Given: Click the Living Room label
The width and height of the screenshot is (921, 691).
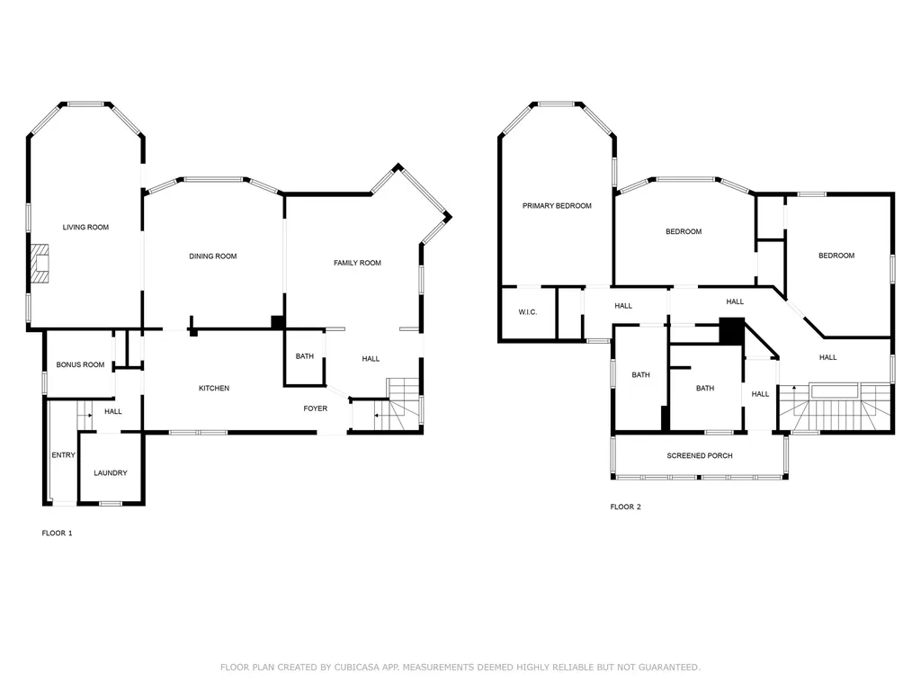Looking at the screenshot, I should tap(85, 228).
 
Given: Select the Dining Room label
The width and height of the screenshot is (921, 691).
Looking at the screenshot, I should tap(213, 256).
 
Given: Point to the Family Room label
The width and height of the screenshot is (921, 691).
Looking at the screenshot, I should tap(357, 263).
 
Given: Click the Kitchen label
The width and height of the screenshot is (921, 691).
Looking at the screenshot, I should tap(214, 389).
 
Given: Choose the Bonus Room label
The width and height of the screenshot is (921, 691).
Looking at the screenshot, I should tap(80, 365).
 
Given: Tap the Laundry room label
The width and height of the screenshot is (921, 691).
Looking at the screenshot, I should tap(111, 473).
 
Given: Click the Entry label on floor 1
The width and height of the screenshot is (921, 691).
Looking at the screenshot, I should tap(63, 455).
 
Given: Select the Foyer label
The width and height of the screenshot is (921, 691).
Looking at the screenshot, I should tap(315, 408).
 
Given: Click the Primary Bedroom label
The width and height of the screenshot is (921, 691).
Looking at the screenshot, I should tap(557, 206).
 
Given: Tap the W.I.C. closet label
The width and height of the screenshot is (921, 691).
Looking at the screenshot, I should tap(527, 312).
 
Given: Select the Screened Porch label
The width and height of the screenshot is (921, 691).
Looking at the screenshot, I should tap(699, 456).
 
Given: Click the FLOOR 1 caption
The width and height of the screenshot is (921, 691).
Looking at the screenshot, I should tap(58, 534).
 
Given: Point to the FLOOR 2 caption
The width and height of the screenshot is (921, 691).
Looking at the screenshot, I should tap(625, 507).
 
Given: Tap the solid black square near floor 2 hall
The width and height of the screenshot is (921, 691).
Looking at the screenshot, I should tap(733, 331).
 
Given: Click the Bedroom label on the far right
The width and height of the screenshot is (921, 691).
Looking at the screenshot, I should tap(836, 256).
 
